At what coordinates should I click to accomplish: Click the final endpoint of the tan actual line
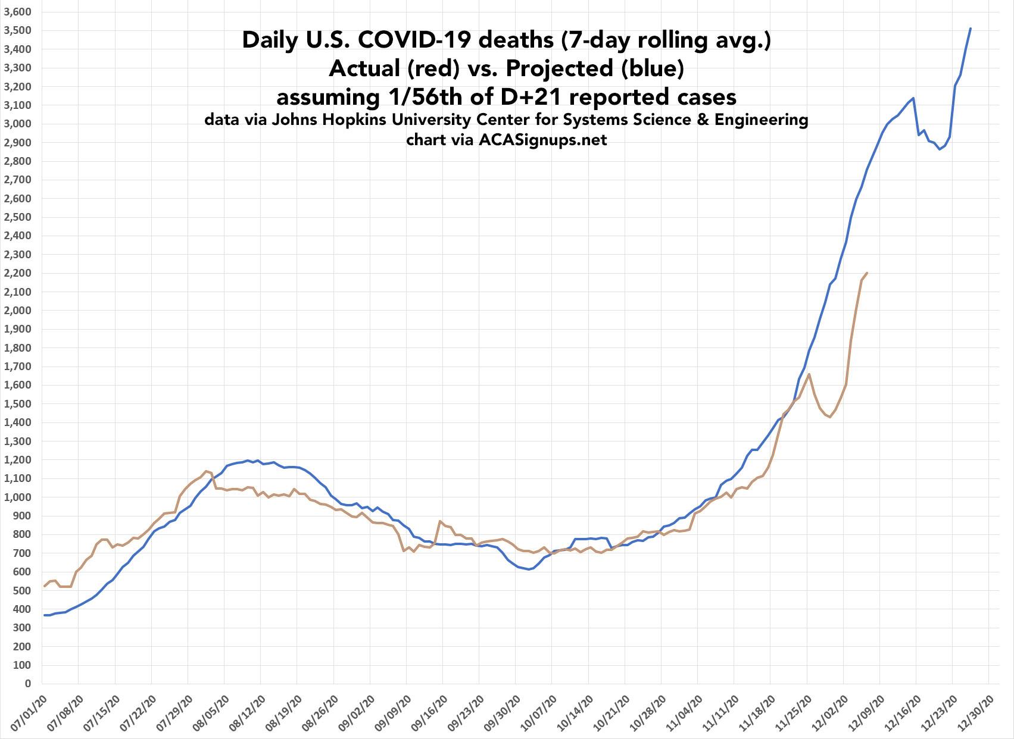click(867, 273)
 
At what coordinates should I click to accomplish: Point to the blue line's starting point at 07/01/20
click(43, 615)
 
